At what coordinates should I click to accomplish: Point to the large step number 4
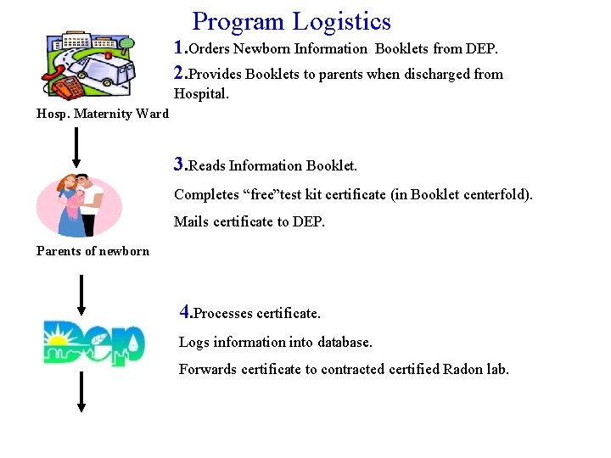pyautogui.click(x=186, y=311)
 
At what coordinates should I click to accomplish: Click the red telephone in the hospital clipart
pyautogui.click(x=66, y=86)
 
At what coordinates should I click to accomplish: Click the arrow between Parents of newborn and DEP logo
pyautogui.click(x=79, y=294)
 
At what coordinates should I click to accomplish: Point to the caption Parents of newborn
pyautogui.click(x=92, y=251)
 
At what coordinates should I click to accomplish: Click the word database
pyautogui.click(x=345, y=343)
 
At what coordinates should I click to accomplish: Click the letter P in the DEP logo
pyautogui.click(x=127, y=342)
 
